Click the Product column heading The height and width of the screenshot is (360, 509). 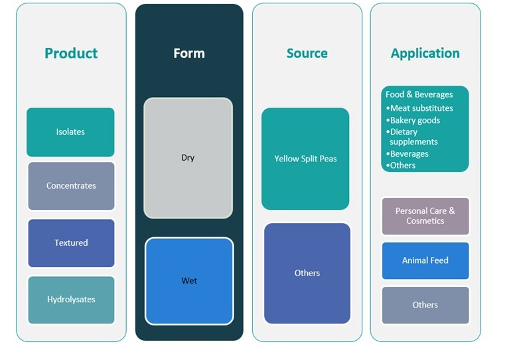[x=71, y=53]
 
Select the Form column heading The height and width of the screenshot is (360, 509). [x=189, y=53]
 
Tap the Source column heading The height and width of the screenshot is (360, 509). [x=307, y=53]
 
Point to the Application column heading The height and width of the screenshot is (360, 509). [x=425, y=53]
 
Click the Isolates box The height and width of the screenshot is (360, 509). [x=70, y=132]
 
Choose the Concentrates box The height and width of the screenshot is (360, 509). [x=71, y=186]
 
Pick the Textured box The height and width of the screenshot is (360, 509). [x=71, y=243]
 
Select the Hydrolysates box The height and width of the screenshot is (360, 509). [x=71, y=300]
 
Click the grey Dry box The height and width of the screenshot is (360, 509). [x=188, y=158]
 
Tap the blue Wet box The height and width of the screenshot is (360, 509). [x=189, y=281]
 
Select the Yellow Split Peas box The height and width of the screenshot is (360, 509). [x=305, y=159]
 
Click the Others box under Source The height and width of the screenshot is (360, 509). [x=307, y=273]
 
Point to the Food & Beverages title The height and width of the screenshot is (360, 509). [x=419, y=94]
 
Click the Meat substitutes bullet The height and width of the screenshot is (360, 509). [x=421, y=108]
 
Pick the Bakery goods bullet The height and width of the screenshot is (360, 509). [x=415, y=120]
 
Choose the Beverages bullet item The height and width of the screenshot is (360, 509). [x=409, y=153]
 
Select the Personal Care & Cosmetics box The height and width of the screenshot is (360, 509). [x=425, y=216]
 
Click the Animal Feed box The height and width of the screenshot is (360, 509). [x=425, y=260]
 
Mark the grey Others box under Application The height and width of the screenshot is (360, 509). [x=425, y=305]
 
